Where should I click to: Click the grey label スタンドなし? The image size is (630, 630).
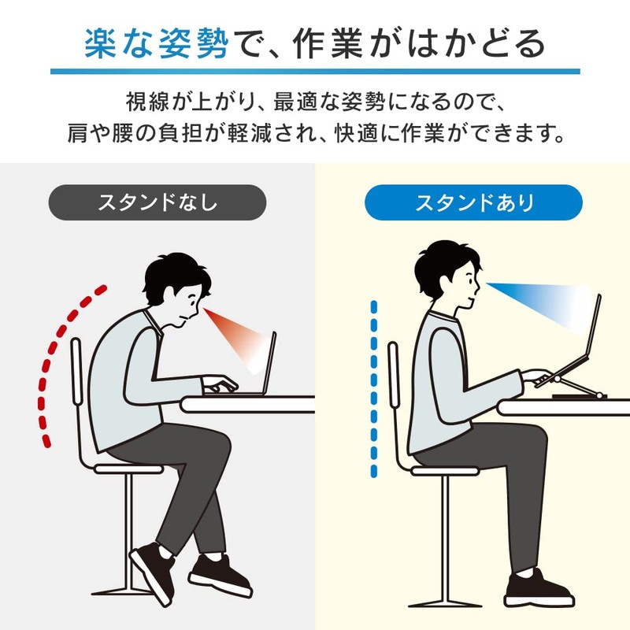157,202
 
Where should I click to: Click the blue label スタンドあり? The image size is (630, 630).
473,202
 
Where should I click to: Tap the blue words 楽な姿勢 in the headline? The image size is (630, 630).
157,44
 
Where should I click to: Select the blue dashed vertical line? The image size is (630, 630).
374,389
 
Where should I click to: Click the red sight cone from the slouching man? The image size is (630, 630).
237,338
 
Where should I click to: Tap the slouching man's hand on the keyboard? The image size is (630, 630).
219,384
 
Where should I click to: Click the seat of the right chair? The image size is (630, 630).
445,471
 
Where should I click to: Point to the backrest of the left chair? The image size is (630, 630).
76,370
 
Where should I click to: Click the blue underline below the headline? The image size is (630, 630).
315,72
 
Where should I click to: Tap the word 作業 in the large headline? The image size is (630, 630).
328,44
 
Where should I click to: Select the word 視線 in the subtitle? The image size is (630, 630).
147,102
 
